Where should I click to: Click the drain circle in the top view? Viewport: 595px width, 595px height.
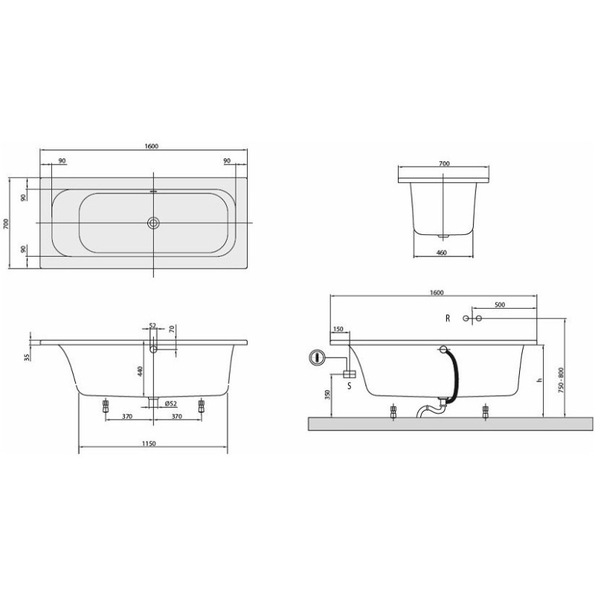pyautogui.click(x=154, y=222)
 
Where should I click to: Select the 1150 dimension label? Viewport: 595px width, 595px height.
pyautogui.click(x=149, y=443)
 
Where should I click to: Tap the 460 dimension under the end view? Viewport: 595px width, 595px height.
pyautogui.click(x=442, y=252)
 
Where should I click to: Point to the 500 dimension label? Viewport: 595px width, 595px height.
pyautogui.click(x=500, y=305)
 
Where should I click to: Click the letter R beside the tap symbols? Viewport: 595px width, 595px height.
pyautogui.click(x=448, y=318)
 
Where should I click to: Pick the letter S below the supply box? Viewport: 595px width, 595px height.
pyautogui.click(x=350, y=386)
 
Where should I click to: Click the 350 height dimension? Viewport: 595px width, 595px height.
pyautogui.click(x=328, y=395)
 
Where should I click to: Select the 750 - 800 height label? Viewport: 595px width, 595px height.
pyautogui.click(x=561, y=379)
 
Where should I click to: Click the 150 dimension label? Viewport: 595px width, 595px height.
pyautogui.click(x=338, y=329)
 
